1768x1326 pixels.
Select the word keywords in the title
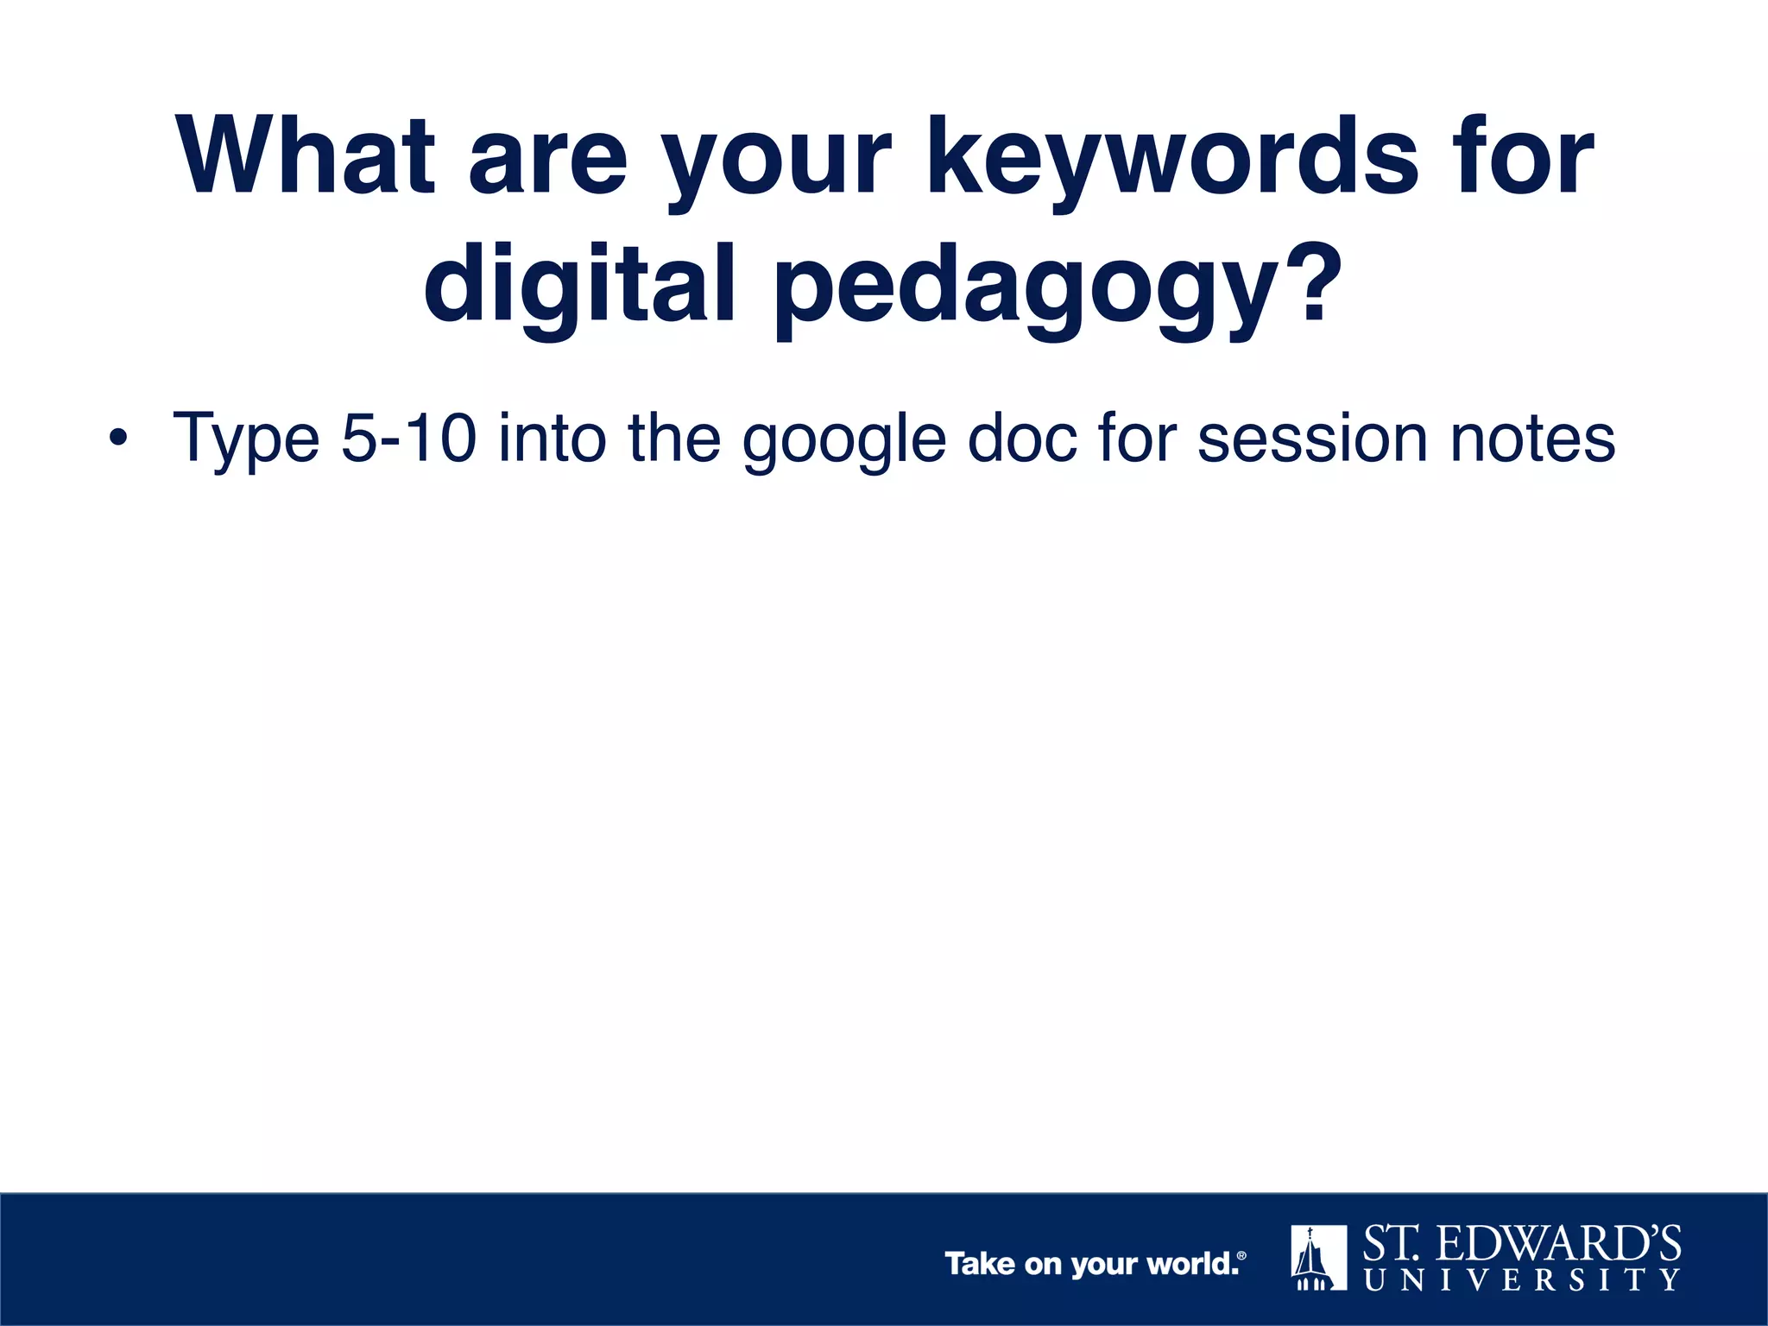click(1173, 156)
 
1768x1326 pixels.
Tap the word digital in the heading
click(579, 284)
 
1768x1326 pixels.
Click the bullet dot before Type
click(117, 439)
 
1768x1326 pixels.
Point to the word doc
click(1023, 439)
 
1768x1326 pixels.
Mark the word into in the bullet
click(552, 439)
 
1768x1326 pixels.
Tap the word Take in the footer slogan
click(980, 1264)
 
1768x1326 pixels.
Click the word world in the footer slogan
click(1192, 1264)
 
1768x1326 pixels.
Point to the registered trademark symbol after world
click(1241, 1256)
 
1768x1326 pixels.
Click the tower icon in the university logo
click(1318, 1257)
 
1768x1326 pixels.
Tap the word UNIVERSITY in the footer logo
click(1522, 1279)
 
